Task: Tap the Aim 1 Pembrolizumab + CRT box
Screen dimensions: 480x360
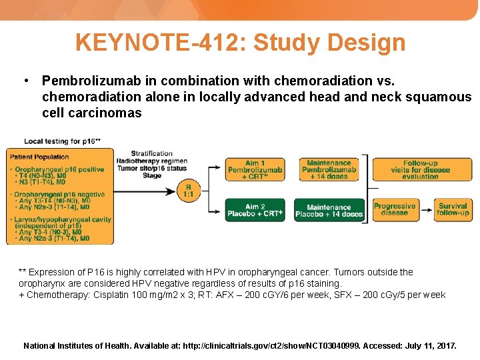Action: pyautogui.click(x=255, y=170)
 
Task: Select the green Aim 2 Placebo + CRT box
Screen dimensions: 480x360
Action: pyautogui.click(x=255, y=210)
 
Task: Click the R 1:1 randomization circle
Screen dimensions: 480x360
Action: pyautogui.click(x=189, y=190)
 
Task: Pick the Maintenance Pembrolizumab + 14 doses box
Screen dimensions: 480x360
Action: pyautogui.click(x=329, y=169)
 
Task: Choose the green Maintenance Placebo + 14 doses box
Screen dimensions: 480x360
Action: pyautogui.click(x=329, y=211)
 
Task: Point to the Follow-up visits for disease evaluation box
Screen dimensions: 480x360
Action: pyautogui.click(x=421, y=169)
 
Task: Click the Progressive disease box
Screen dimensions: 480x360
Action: pyautogui.click(x=395, y=209)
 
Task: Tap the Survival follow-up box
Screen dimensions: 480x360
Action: pyautogui.click(x=453, y=209)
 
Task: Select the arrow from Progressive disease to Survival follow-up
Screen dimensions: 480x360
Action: pyautogui.click(x=426, y=209)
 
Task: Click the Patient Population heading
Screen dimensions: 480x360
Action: pyautogui.click(x=39, y=157)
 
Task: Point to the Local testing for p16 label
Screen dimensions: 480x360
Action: pyautogui.click(x=62, y=141)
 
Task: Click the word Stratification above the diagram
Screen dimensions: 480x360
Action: pyautogui.click(x=151, y=153)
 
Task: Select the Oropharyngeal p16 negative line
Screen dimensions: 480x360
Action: pyautogui.click(x=59, y=194)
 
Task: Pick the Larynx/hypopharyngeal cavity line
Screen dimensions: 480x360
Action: pyautogui.click(x=63, y=219)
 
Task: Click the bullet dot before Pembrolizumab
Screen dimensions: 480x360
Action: pyautogui.click(x=25, y=81)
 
